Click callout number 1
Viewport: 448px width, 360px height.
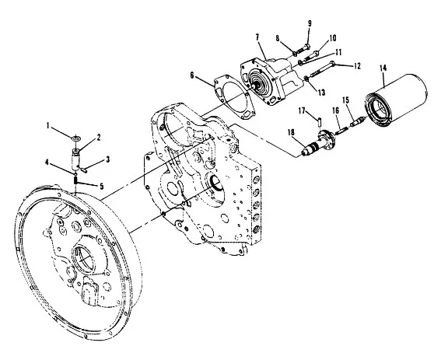coord(48,125)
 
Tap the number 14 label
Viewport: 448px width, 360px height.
coord(383,68)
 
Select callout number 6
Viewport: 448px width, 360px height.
coord(192,75)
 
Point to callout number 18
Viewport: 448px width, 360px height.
coord(291,132)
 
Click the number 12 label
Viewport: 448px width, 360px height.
coord(357,66)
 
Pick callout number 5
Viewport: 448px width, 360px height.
coord(101,187)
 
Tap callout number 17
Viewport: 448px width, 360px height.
coord(302,110)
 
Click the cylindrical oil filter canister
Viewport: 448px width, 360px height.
coord(396,99)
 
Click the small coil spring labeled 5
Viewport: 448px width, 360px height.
coord(75,180)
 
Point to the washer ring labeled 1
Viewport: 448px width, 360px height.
coord(76,138)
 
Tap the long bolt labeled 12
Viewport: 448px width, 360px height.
coord(322,69)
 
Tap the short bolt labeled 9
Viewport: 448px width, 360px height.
coord(303,50)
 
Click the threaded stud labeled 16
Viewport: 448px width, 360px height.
coord(342,131)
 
